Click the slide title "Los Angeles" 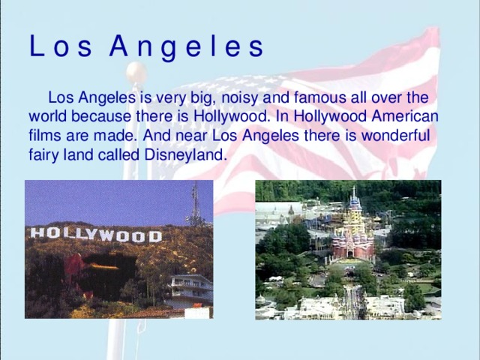146,46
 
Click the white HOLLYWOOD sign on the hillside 95,235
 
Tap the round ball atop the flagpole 136,72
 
